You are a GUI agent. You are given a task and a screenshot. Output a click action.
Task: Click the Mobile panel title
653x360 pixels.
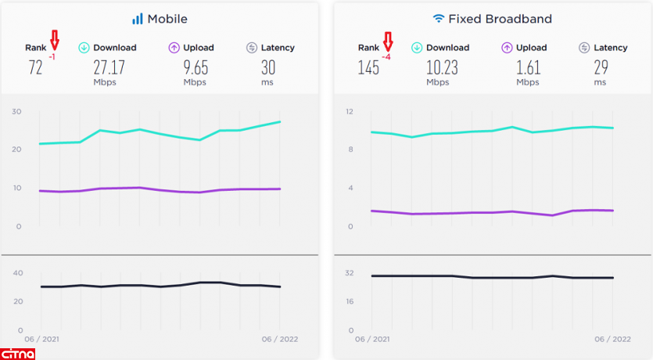167,18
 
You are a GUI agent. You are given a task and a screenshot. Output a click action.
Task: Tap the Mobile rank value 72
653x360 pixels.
35,67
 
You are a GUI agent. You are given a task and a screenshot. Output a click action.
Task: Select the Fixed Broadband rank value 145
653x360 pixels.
368,67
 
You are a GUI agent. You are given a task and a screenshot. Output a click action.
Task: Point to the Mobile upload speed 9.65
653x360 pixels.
195,67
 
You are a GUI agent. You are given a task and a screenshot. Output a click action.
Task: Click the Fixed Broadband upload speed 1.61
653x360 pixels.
528,67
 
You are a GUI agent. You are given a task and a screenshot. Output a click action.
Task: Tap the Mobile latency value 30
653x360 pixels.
268,67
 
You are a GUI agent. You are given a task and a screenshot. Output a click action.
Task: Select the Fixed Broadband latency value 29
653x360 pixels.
600,67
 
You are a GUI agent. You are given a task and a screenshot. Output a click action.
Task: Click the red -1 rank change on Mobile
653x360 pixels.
52,58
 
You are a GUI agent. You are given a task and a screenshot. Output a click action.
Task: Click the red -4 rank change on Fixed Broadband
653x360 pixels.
387,58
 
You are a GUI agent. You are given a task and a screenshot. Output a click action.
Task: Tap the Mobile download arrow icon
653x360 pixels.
84,48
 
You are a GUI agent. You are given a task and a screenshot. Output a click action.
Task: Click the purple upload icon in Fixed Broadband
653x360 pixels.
507,48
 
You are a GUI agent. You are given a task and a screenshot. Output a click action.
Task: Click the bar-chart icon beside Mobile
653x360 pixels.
138,18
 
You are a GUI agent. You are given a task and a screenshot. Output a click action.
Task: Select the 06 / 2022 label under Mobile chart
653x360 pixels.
278,339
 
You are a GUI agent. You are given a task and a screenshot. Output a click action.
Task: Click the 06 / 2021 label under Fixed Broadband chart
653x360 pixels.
374,339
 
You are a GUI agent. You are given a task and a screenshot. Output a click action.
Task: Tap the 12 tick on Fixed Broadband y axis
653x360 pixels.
350,111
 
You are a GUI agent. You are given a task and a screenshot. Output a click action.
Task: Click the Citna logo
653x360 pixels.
18,352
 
